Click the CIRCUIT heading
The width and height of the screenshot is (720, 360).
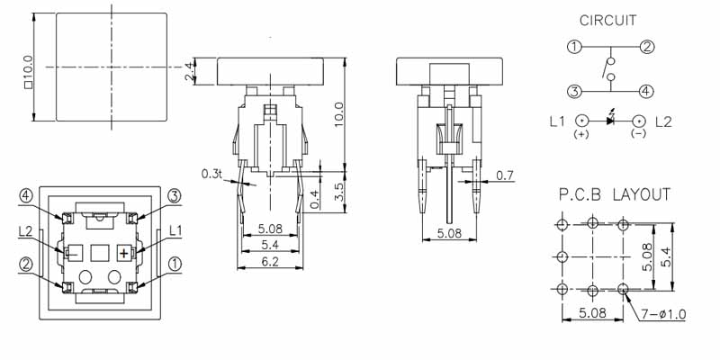608,21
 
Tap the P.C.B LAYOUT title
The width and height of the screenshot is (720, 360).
615,194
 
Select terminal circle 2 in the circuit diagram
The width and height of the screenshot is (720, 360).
647,47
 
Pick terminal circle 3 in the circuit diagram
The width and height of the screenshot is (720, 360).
574,92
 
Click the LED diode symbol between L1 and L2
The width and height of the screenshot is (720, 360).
611,120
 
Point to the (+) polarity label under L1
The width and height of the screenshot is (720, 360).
581,134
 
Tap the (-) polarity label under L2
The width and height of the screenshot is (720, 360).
638,133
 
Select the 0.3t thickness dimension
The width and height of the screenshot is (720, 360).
211,174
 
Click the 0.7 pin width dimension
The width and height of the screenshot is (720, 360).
506,175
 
